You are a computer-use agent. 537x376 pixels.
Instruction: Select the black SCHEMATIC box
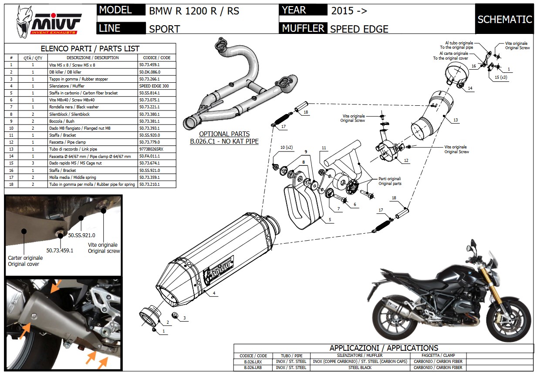coord(504,19)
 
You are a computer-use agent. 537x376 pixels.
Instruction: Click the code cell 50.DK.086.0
coord(150,72)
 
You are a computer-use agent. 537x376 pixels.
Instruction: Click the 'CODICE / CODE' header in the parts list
coord(157,58)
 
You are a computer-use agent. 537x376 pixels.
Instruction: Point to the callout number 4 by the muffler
coord(215,294)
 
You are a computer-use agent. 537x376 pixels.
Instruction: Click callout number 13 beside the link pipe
coord(455,120)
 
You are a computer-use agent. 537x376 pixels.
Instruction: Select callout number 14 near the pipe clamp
coord(470,88)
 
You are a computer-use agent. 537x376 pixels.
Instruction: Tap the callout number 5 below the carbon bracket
coord(330,220)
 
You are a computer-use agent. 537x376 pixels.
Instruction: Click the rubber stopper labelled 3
coord(175,315)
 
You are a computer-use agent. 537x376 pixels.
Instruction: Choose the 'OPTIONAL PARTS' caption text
coord(224,134)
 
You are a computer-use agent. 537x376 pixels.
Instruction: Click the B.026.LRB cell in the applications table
coord(253,368)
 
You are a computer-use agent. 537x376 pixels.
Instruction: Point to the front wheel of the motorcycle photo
coord(506,318)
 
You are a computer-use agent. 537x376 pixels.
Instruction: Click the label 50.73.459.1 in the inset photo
coord(60,250)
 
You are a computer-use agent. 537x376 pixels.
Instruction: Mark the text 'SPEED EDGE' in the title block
coord(359,29)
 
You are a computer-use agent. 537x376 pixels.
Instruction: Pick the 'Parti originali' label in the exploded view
coord(389,179)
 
